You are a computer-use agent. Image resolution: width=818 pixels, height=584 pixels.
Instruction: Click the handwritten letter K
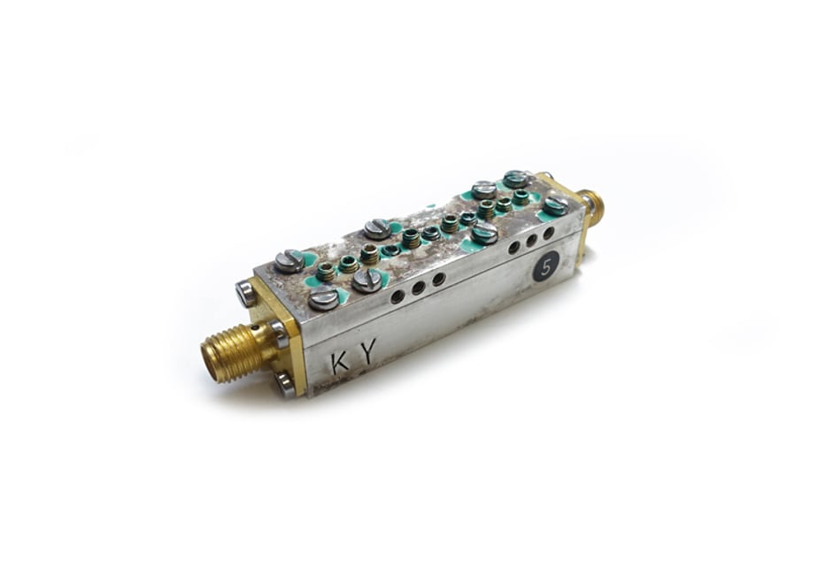[x=340, y=363]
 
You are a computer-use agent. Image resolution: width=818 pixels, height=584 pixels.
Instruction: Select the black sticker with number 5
[x=546, y=268]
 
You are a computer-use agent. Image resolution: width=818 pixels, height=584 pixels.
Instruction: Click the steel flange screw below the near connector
[x=285, y=384]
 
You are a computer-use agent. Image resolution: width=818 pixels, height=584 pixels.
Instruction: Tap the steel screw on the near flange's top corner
[x=244, y=292]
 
